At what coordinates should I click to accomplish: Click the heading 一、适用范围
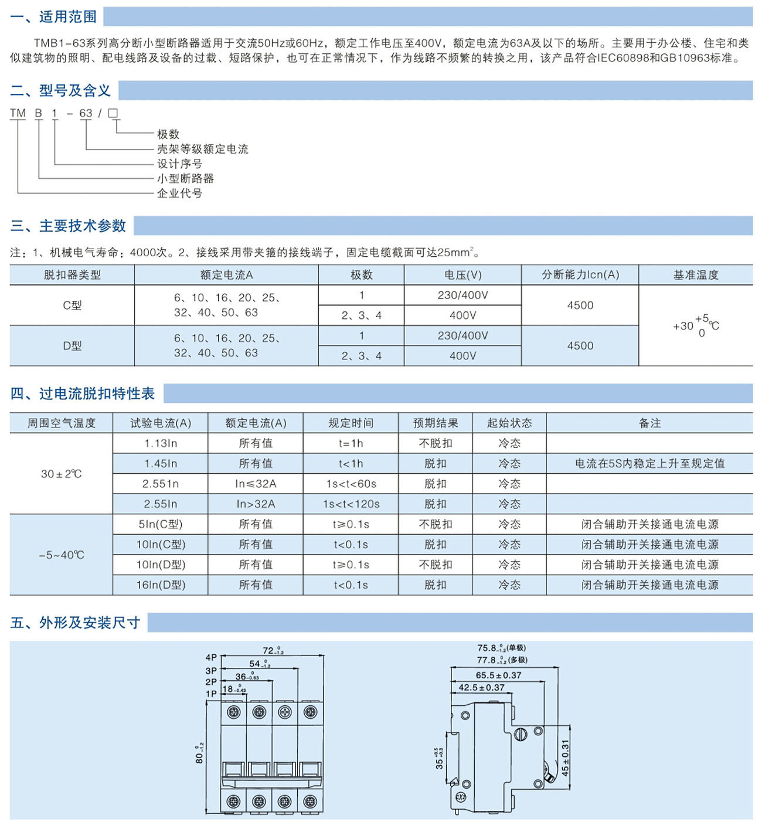tap(53, 17)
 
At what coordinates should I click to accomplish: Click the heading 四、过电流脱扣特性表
tap(83, 393)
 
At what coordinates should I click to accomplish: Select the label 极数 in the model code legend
tap(168, 134)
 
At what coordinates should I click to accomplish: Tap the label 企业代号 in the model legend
tap(179, 193)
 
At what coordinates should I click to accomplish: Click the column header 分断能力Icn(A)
tap(580, 274)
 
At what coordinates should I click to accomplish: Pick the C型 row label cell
tap(72, 305)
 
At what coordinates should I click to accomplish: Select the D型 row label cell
tap(72, 346)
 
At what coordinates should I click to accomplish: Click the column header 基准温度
tap(696, 274)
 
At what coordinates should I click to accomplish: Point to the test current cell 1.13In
tap(160, 443)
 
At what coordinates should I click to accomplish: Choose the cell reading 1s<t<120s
tap(351, 504)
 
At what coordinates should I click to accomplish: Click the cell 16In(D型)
tap(161, 585)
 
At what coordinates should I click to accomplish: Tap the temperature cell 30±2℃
tap(62, 474)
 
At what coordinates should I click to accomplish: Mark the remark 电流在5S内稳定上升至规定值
tap(649, 463)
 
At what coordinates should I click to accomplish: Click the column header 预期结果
tap(436, 423)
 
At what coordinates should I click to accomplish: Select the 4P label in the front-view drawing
tap(211, 657)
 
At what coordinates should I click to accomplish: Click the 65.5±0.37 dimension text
tap(498, 675)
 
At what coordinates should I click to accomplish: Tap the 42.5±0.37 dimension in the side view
tap(481, 687)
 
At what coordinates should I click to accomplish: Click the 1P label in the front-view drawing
tap(211, 694)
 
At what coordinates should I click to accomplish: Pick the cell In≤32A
tap(256, 484)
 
